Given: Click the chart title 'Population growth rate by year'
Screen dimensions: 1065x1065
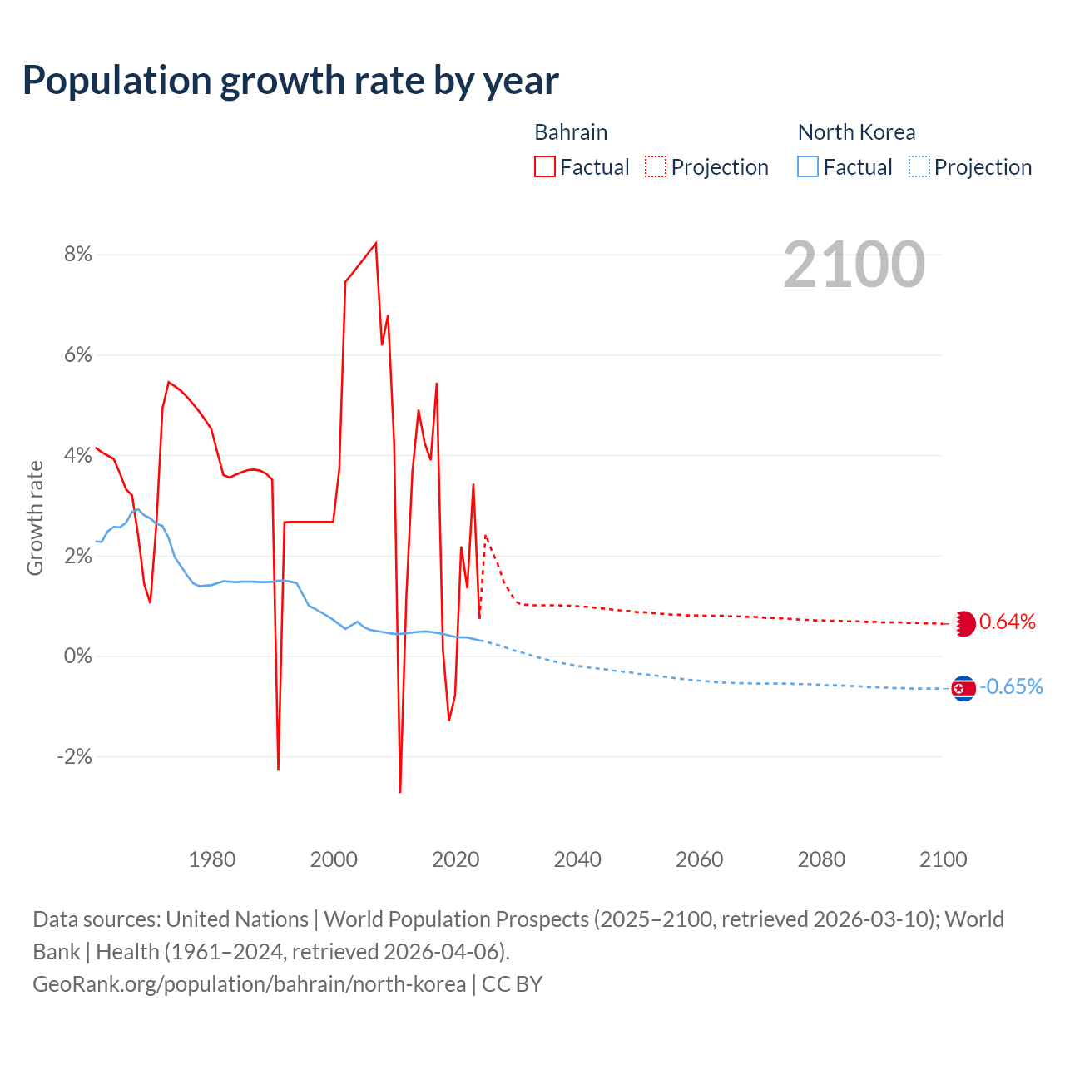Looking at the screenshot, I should [x=290, y=81].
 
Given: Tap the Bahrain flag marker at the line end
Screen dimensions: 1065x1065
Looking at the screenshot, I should [x=963, y=623].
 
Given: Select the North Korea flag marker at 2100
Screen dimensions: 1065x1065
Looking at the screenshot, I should [x=963, y=688].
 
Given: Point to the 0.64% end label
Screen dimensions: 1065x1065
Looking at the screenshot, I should [x=1008, y=622].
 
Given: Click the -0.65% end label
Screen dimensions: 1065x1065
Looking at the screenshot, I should [x=1011, y=687].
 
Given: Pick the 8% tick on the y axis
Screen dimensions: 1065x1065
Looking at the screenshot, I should [x=77, y=255].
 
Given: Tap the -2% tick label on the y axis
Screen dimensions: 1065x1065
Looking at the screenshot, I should [x=74, y=757].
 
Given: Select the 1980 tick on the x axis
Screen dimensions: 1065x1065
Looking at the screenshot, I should [x=212, y=859].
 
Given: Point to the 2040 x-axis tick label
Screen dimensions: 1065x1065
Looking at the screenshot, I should [x=577, y=859].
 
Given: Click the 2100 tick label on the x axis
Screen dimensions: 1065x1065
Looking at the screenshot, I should [x=943, y=859].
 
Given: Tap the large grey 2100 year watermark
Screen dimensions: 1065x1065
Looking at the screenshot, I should [x=854, y=265].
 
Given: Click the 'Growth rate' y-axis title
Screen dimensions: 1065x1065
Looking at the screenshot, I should [x=35, y=518].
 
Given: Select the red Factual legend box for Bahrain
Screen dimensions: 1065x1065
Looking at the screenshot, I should [x=545, y=167].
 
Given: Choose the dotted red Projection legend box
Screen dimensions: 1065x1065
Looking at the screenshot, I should [x=656, y=167].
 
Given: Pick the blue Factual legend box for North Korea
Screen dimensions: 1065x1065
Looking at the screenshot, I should [x=808, y=167].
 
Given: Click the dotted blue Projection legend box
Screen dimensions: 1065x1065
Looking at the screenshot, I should [x=919, y=167].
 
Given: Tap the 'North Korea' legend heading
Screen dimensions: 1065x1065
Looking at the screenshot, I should [x=856, y=132].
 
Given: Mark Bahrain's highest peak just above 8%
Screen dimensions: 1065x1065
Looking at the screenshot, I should [x=376, y=243].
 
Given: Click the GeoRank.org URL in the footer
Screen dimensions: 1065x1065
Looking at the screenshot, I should [x=249, y=984].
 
